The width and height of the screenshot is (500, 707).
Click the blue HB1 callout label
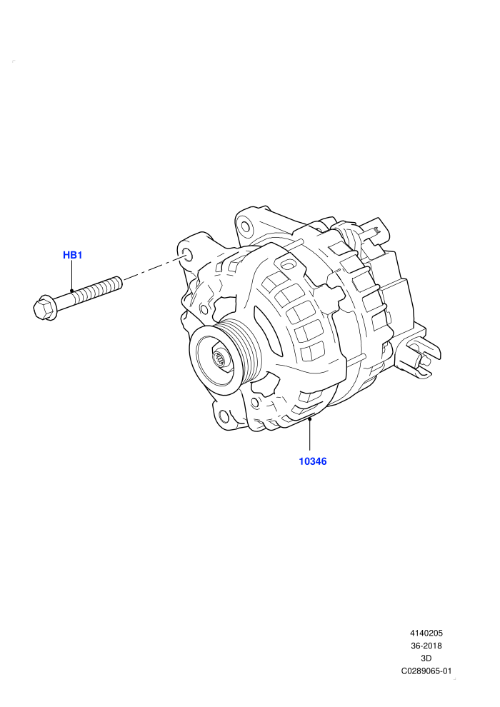[72, 255]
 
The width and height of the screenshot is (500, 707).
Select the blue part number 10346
[312, 461]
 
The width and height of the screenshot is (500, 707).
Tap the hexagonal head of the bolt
[44, 308]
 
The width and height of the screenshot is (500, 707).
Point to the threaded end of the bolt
[99, 289]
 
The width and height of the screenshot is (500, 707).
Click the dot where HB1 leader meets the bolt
[71, 291]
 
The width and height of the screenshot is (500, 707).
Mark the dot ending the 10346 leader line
[310, 419]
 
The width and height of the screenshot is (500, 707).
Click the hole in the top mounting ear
[245, 226]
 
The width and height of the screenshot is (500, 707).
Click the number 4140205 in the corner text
[426, 633]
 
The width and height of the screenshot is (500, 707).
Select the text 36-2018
[426, 646]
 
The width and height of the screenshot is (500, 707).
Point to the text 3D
[426, 658]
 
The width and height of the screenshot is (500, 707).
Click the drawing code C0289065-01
[426, 671]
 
